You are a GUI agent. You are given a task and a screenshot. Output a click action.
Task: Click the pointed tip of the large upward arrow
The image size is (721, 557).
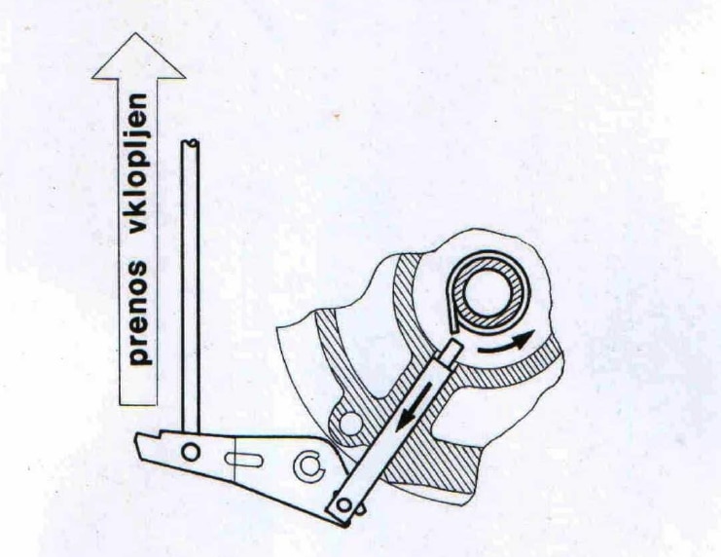[139, 35]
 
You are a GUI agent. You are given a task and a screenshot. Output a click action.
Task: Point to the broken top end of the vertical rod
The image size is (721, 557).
[191, 144]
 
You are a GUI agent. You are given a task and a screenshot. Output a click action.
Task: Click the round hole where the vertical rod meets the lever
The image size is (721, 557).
[191, 451]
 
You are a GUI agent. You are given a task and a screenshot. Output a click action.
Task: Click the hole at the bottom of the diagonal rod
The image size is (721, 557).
[342, 504]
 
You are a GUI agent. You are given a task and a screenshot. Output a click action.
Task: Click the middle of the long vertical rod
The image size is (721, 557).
[191, 292]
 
